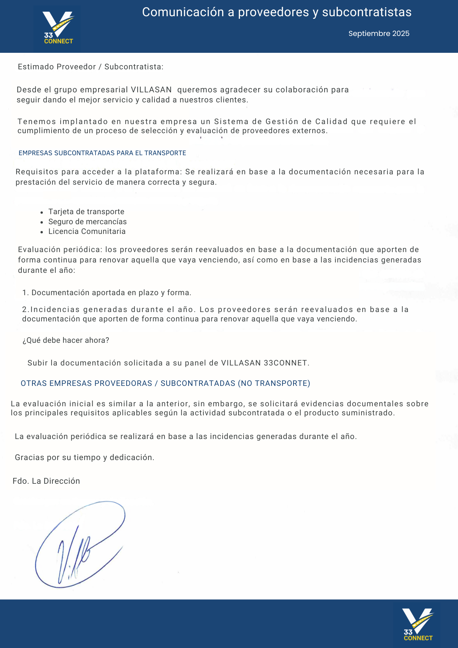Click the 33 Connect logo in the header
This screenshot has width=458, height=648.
[58, 29]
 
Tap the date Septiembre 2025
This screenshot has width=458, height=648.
[379, 34]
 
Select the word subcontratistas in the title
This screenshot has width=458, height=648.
[367, 12]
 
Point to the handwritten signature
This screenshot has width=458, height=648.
[79, 544]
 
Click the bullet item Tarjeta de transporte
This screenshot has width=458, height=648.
[86, 212]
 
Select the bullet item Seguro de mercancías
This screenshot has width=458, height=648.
[87, 222]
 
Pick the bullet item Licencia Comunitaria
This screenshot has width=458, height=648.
[87, 231]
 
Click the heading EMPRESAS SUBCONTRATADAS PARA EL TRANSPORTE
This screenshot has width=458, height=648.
[102, 153]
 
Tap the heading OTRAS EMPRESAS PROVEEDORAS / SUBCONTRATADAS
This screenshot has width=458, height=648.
[165, 383]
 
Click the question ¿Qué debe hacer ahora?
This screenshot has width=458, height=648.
[66, 340]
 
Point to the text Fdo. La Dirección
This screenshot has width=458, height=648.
[46, 481]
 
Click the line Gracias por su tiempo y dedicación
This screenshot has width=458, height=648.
[85, 457]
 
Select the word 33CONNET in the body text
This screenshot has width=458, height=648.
[285, 363]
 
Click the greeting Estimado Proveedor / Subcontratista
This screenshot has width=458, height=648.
[90, 67]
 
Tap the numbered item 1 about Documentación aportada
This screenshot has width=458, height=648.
[107, 293]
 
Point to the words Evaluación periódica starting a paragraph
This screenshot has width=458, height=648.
[60, 249]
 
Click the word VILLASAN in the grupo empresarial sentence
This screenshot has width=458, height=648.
[151, 90]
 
